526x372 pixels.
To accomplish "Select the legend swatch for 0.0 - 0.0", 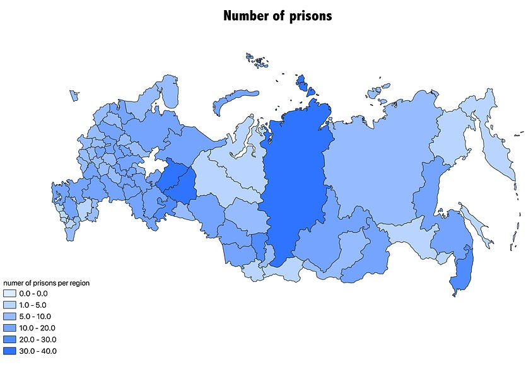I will coord(9,294).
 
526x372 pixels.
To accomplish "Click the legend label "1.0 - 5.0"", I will coord(33,305).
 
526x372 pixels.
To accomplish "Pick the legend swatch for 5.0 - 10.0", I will coord(9,317).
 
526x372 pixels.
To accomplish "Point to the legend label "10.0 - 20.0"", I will coord(35,328).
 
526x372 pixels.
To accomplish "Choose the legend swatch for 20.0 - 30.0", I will coord(9,339).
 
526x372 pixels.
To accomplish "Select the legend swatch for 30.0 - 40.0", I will coord(9,351).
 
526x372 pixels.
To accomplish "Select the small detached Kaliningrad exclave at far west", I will coord(74,95).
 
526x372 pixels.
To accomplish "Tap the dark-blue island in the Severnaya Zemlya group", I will coord(302,82).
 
